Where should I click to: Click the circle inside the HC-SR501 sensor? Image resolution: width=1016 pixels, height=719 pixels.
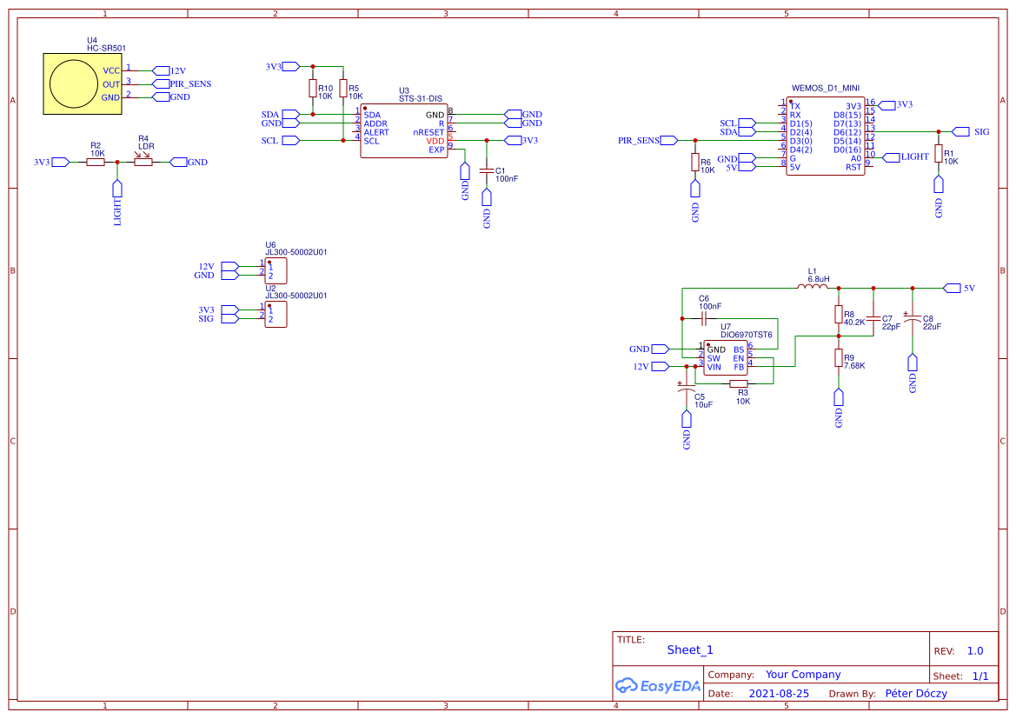coord(74,83)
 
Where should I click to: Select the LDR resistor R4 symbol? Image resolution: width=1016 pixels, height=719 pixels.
coord(143,162)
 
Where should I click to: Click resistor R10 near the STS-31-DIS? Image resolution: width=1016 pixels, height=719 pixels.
coord(312,89)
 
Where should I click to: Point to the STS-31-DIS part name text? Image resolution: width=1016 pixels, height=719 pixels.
coord(420,99)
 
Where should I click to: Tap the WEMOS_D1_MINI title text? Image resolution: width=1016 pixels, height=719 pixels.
coord(825,88)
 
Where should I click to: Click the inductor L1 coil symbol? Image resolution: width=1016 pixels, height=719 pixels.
coord(813,288)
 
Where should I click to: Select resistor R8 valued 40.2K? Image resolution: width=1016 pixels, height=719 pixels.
coord(839,314)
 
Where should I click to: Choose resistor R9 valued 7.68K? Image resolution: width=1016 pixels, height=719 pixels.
coord(839,357)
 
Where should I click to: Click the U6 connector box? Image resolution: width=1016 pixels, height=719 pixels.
coord(276,270)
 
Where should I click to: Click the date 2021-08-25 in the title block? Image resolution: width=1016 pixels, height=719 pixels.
coord(779,694)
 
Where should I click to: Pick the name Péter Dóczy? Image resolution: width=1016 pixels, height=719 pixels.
coord(915,694)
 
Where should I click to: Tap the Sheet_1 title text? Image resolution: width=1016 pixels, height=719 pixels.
coord(690,649)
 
